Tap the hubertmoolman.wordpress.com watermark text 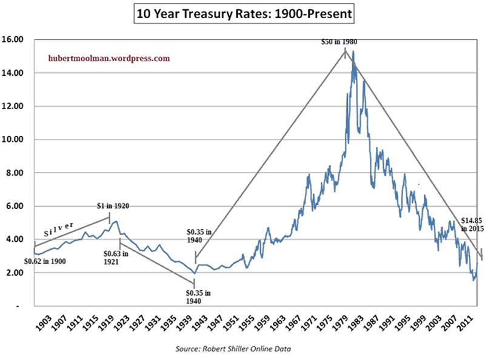pyautogui.click(x=109, y=59)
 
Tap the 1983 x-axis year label pyautogui.click(x=356, y=322)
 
